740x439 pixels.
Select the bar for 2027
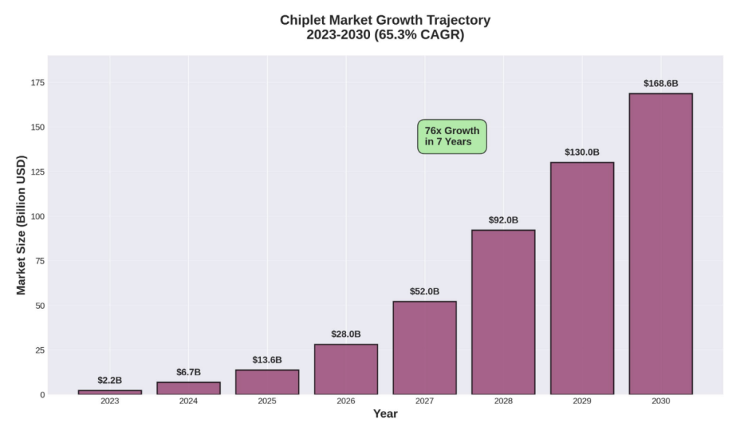tap(424, 347)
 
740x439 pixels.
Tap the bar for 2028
tap(503, 312)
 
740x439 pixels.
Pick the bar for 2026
tap(345, 369)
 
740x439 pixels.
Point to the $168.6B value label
tap(661, 84)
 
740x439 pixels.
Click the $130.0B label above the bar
tap(582, 153)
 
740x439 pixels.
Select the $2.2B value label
tap(110, 380)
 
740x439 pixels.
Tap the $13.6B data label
tap(267, 360)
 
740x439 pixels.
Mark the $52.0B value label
tap(424, 292)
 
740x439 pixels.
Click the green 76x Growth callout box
tap(452, 136)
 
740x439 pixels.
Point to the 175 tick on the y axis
tap(36, 83)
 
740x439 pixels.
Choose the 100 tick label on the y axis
tap(36, 216)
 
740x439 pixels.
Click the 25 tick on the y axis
tap(38, 350)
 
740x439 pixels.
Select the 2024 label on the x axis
tap(188, 401)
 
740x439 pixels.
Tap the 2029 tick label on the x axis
tap(582, 401)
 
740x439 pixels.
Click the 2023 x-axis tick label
tap(110, 401)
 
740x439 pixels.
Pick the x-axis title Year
tap(385, 414)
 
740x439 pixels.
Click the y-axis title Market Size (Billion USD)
tap(21, 225)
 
